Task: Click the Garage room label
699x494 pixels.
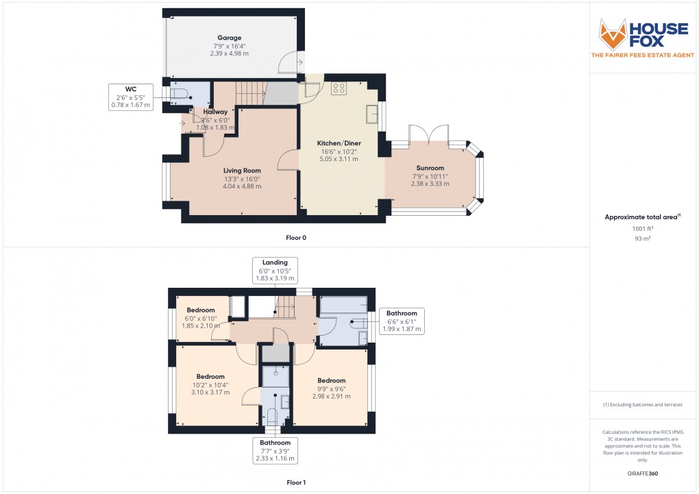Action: point(229,38)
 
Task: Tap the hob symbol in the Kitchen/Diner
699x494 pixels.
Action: point(339,87)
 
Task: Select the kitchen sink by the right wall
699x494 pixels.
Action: point(372,114)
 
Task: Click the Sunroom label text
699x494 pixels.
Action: point(430,168)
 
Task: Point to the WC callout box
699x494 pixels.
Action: point(130,97)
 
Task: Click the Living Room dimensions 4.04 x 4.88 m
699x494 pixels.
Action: point(242,186)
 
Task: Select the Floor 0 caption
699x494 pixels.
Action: point(296,237)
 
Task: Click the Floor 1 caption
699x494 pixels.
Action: point(296,482)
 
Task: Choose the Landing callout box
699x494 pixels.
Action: point(274,270)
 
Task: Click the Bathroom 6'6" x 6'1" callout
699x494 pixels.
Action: point(401,321)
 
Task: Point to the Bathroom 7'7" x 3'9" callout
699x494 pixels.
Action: point(274,450)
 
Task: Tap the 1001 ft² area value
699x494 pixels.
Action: point(643,229)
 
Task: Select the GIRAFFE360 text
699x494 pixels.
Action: point(643,473)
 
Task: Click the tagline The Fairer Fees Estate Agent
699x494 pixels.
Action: point(643,54)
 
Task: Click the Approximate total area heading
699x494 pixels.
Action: point(641,217)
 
